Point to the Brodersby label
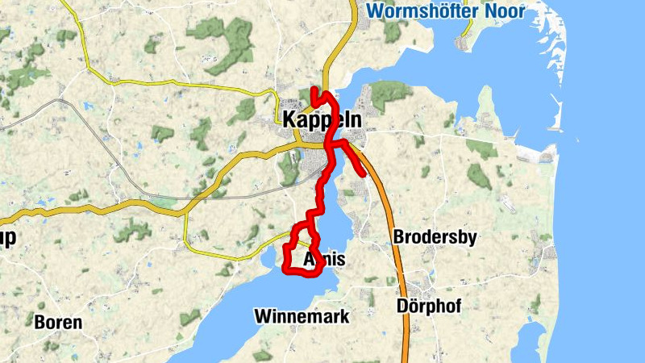435,237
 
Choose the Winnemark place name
302,316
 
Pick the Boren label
58,323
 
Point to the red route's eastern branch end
364,173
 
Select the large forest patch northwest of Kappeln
218,36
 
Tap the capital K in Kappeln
289,120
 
